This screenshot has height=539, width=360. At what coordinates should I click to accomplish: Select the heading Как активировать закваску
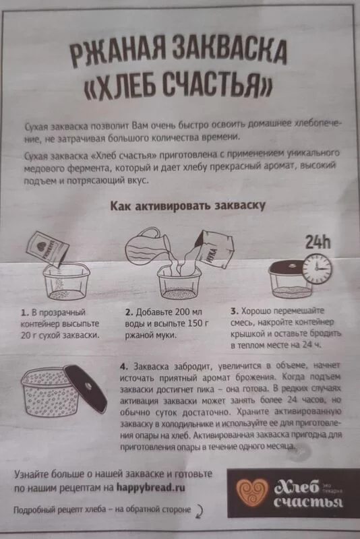(x=187, y=205)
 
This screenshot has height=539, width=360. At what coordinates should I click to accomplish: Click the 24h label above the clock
(x=318, y=243)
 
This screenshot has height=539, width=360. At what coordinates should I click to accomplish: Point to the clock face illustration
(x=317, y=269)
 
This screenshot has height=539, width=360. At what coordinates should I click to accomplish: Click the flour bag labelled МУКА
(x=216, y=248)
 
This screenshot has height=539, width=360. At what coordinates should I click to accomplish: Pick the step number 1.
(x=24, y=313)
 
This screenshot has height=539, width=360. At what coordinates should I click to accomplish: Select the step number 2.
(x=129, y=313)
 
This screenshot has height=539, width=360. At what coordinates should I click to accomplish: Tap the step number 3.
(x=234, y=311)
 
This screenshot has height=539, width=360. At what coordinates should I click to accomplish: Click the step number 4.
(x=124, y=367)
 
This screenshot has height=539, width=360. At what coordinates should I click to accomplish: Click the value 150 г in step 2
(x=198, y=323)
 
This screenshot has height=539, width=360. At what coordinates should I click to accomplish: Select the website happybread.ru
(x=150, y=487)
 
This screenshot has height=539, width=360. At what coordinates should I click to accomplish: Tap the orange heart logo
(x=251, y=493)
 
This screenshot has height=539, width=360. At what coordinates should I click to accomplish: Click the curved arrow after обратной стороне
(x=199, y=511)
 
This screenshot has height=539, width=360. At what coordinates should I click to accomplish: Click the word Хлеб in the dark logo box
(x=297, y=486)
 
